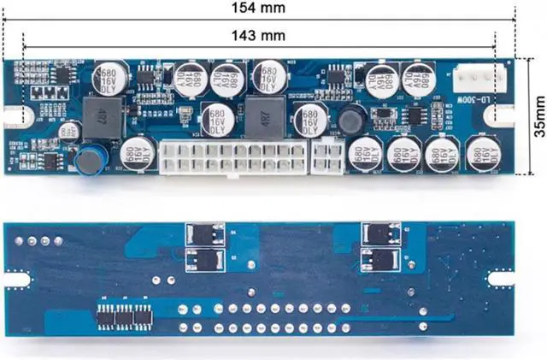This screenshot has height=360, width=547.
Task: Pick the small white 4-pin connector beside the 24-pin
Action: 327,156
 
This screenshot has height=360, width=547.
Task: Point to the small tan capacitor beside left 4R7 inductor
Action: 69,129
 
